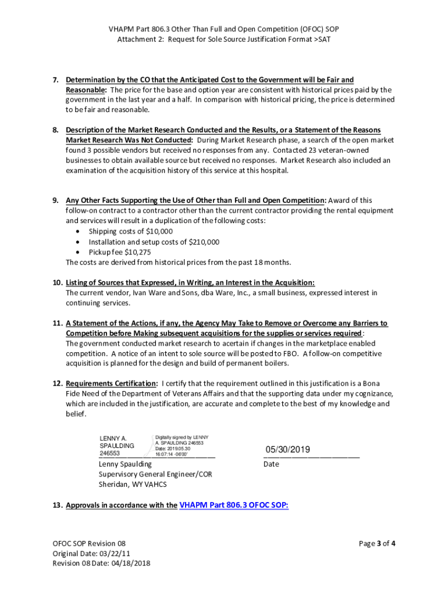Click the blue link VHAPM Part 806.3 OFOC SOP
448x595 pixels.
coord(234,505)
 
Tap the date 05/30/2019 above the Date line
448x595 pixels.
coord(288,450)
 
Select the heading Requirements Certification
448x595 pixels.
coord(111,383)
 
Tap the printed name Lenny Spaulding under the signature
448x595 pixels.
coord(125,464)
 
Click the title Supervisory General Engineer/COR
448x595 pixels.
coord(155,474)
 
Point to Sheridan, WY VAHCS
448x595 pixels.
coord(133,484)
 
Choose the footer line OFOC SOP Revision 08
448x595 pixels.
coord(88,544)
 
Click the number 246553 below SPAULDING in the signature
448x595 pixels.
coord(110,453)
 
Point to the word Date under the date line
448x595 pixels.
coord(271,464)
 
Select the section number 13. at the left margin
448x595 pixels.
coord(57,506)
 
